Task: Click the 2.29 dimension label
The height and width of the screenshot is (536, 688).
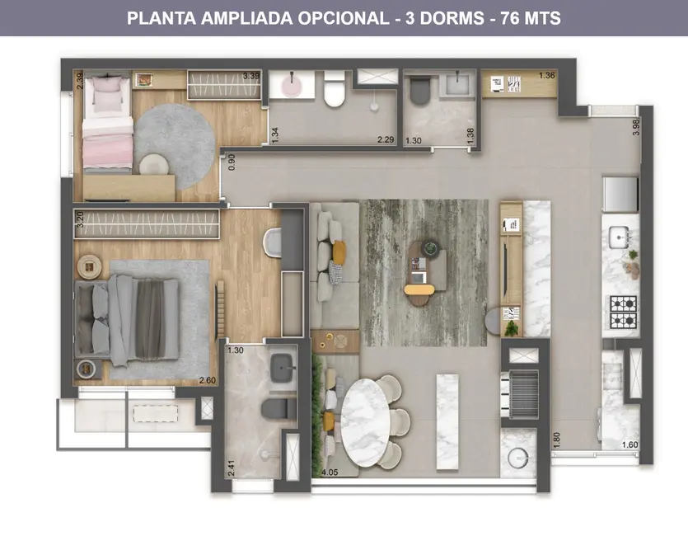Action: point(386,140)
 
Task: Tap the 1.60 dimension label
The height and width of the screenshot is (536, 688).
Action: point(629,445)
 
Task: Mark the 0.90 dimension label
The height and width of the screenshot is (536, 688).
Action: point(232,162)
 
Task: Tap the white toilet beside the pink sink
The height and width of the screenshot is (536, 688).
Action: point(335,89)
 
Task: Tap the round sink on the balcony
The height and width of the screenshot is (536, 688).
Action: point(518,457)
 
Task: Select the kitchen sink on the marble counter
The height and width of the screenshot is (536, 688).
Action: point(620,237)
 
